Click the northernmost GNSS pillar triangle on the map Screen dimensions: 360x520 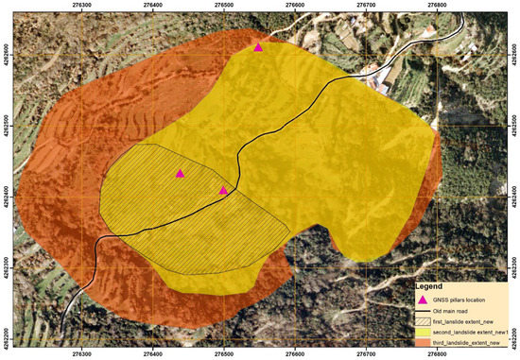pos(259,46)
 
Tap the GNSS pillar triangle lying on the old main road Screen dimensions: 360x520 pos(224,190)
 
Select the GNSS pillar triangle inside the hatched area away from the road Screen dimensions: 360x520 pos(180,173)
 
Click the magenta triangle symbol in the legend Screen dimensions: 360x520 pos(424,298)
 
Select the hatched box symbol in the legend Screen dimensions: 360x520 pos(424,321)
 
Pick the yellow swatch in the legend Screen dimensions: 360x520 pos(424,332)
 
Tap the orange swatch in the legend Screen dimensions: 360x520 pos(424,342)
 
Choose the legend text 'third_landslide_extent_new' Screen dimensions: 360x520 pos(473,342)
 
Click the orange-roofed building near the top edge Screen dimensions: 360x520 pos(430,31)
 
